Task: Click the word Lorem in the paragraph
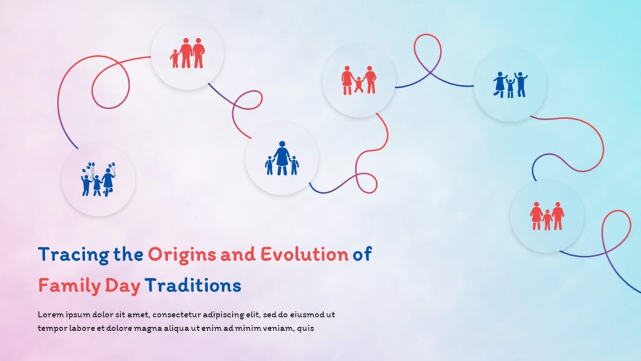pos(49,314)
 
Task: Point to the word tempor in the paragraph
pos(51,327)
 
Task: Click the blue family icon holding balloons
pos(98,179)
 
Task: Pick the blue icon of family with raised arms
pos(510,85)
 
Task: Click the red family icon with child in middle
pos(547,216)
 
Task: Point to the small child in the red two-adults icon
pos(175,59)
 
